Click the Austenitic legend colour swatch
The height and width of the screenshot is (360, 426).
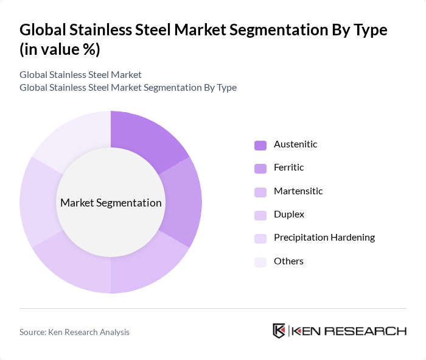(260, 145)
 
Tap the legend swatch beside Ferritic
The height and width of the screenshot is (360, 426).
(260, 168)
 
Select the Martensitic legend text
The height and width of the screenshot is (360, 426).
(298, 191)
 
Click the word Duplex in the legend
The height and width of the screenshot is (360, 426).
(289, 214)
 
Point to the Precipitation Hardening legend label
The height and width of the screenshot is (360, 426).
(324, 238)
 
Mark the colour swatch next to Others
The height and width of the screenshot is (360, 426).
(260, 262)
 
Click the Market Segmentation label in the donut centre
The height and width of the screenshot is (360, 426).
(111, 203)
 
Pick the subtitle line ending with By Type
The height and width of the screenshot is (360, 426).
(128, 87)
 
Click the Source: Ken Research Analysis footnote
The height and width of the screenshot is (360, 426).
(74, 332)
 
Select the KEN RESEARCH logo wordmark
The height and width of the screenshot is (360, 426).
(349, 331)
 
